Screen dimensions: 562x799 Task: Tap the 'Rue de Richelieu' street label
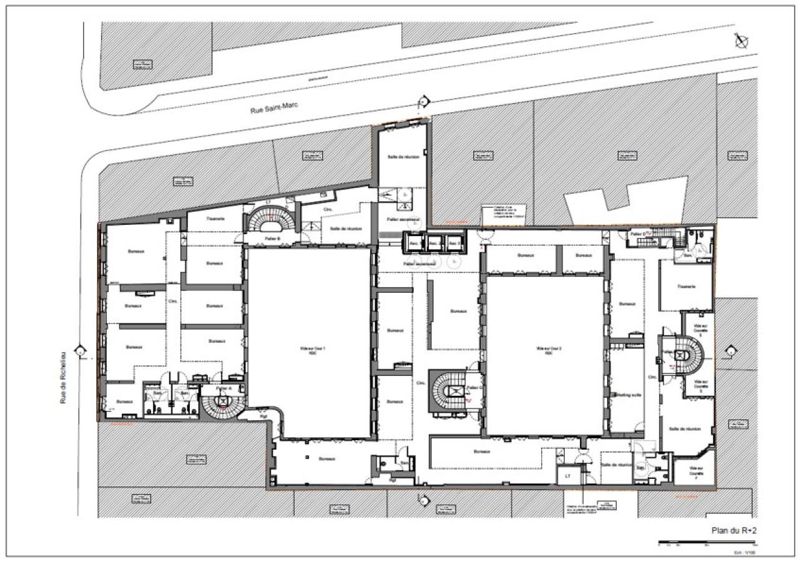click(63, 375)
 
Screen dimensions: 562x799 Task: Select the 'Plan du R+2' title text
click(733, 530)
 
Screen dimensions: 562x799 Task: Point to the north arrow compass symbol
click(742, 41)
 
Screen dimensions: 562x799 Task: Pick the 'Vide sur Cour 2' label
click(546, 349)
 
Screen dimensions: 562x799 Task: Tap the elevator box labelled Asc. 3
click(454, 243)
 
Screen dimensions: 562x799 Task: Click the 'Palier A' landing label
click(223, 388)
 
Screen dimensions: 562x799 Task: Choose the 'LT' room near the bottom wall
click(567, 475)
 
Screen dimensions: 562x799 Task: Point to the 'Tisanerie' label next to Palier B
click(214, 219)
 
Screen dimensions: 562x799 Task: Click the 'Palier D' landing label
click(637, 234)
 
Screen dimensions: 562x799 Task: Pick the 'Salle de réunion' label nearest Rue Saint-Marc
click(403, 156)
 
